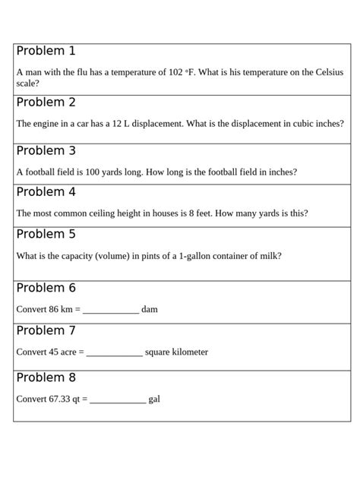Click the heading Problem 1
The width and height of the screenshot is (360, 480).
pos(46,52)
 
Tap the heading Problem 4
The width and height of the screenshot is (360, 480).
pos(46,192)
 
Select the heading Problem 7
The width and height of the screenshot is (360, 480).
pos(46,331)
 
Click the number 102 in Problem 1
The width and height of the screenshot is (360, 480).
pos(175,73)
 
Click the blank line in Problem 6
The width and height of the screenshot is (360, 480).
pos(111,311)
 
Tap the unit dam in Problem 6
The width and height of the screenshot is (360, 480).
pos(150,310)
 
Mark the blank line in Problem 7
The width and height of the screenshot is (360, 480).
pos(115,354)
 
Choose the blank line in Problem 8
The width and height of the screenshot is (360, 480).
pos(118,400)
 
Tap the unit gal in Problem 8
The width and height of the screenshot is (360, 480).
pos(154,399)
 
